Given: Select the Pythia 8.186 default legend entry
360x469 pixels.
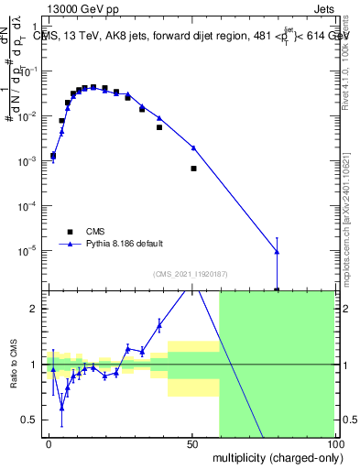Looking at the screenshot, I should coord(125,244).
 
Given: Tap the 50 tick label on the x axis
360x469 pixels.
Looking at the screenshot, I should coord(191,443).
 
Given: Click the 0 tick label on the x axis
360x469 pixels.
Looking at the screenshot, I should coord(49,443).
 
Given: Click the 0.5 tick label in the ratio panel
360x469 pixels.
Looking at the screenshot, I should coord(30,420).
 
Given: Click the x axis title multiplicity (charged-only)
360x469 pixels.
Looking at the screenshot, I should coord(274,457).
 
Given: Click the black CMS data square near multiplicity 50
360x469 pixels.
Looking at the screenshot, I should coord(193,169).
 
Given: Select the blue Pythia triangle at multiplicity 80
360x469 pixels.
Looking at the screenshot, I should coord(277,252).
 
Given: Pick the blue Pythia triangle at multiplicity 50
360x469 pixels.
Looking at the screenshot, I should coord(193,147).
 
